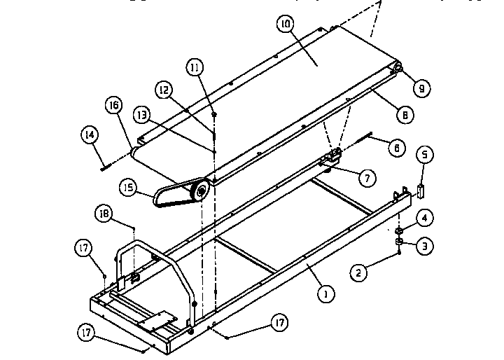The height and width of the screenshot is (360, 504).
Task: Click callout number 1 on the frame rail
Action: coord(323,295)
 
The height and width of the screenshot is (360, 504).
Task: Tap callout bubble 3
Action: coord(423,246)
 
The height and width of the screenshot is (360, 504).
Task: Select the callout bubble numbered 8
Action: coord(405,112)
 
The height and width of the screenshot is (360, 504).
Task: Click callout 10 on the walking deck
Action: coord(285,24)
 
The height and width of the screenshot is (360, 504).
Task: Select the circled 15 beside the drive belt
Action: coord(127,188)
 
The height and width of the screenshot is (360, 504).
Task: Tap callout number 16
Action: coord(113,106)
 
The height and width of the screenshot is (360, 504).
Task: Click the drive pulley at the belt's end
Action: coord(202,191)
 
